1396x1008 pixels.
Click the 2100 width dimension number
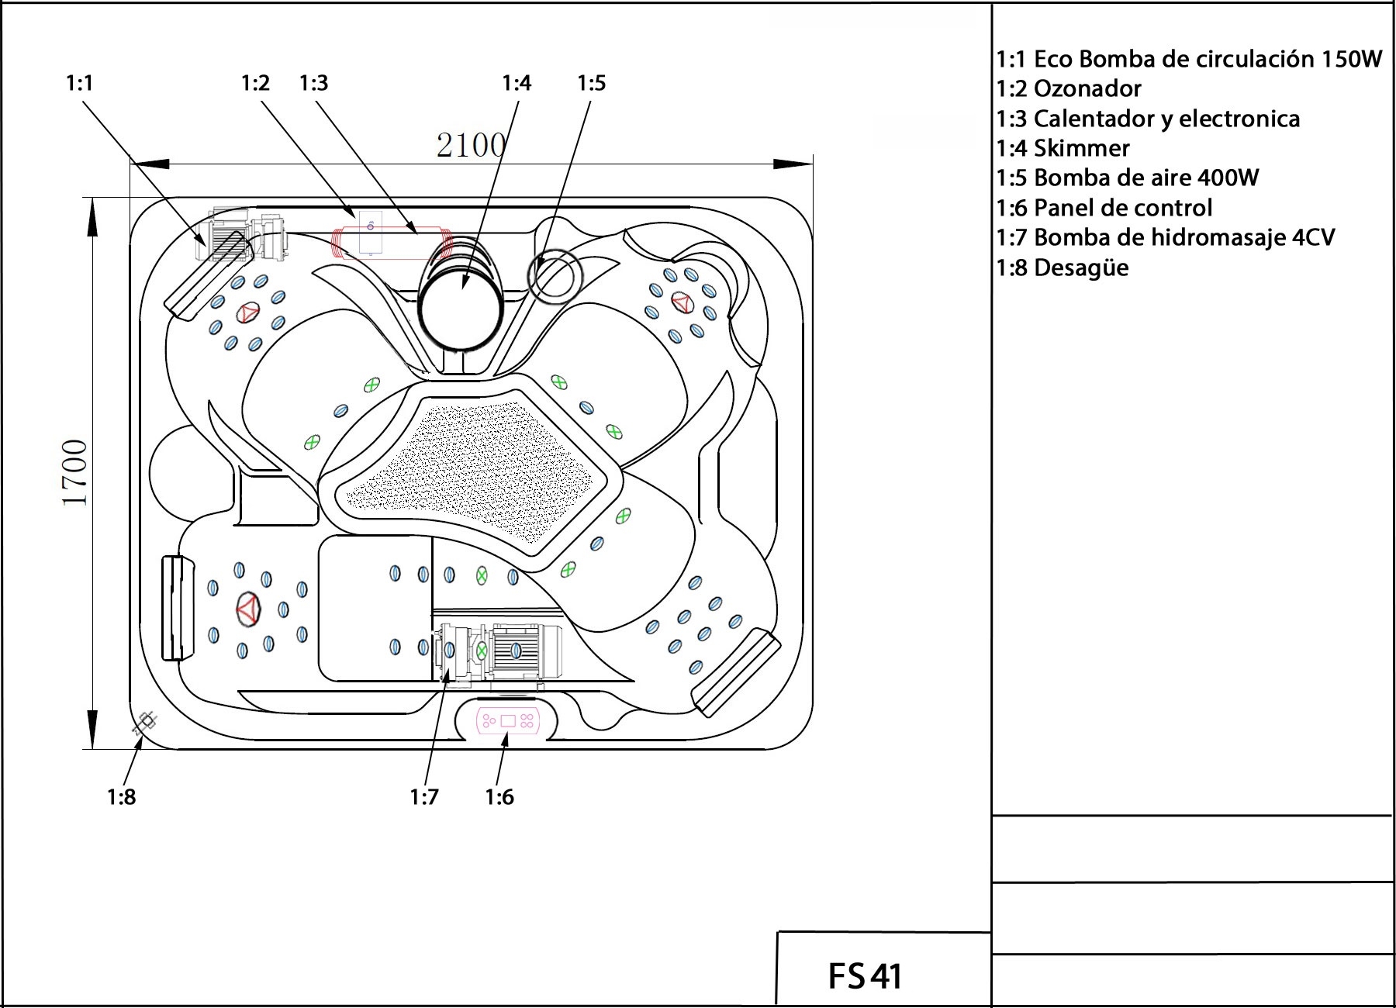click(471, 145)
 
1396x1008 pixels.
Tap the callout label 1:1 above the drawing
click(80, 83)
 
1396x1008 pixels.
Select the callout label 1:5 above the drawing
click(591, 83)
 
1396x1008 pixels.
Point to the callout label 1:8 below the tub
click(122, 796)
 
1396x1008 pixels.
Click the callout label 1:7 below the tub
click(424, 796)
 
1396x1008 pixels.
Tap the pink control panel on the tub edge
click(507, 721)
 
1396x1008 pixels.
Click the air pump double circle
click(554, 276)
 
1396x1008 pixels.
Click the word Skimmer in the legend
click(1081, 148)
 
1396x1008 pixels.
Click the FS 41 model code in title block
click(865, 975)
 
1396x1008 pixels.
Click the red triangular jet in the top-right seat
click(681, 302)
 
